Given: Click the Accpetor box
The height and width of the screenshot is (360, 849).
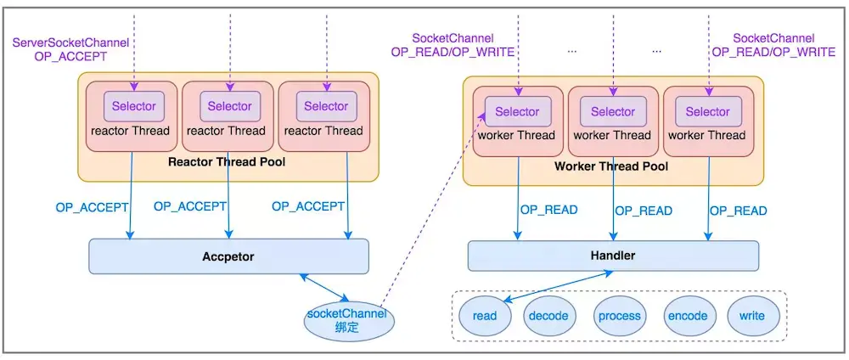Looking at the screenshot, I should click(228, 256).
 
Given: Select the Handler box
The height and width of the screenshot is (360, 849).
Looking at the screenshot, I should click(612, 256).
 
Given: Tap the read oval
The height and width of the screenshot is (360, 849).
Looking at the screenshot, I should click(485, 316).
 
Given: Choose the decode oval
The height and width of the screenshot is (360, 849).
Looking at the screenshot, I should click(548, 316).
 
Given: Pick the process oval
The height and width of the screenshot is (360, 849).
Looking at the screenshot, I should click(619, 316).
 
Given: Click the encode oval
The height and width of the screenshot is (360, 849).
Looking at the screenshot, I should click(688, 316).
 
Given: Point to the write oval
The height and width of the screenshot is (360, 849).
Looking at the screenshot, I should click(751, 316).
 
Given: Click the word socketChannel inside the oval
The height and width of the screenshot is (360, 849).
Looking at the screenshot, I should click(346, 313).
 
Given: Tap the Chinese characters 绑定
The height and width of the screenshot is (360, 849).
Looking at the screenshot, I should click(346, 327).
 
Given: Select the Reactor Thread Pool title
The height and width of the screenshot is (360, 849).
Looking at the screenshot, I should click(224, 162).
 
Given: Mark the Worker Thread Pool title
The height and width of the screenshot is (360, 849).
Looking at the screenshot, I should click(611, 166).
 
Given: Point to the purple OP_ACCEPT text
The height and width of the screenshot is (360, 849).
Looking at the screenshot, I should click(70, 56).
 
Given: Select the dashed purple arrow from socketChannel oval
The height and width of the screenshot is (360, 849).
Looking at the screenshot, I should click(424, 212).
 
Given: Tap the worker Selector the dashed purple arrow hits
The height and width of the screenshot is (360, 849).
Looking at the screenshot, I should click(517, 111).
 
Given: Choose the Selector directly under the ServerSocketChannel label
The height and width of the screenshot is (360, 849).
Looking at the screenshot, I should click(134, 106).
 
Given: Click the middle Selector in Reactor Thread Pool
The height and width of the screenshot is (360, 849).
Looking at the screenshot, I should click(229, 106).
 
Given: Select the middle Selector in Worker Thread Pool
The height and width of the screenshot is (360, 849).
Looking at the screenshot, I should click(612, 111).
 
